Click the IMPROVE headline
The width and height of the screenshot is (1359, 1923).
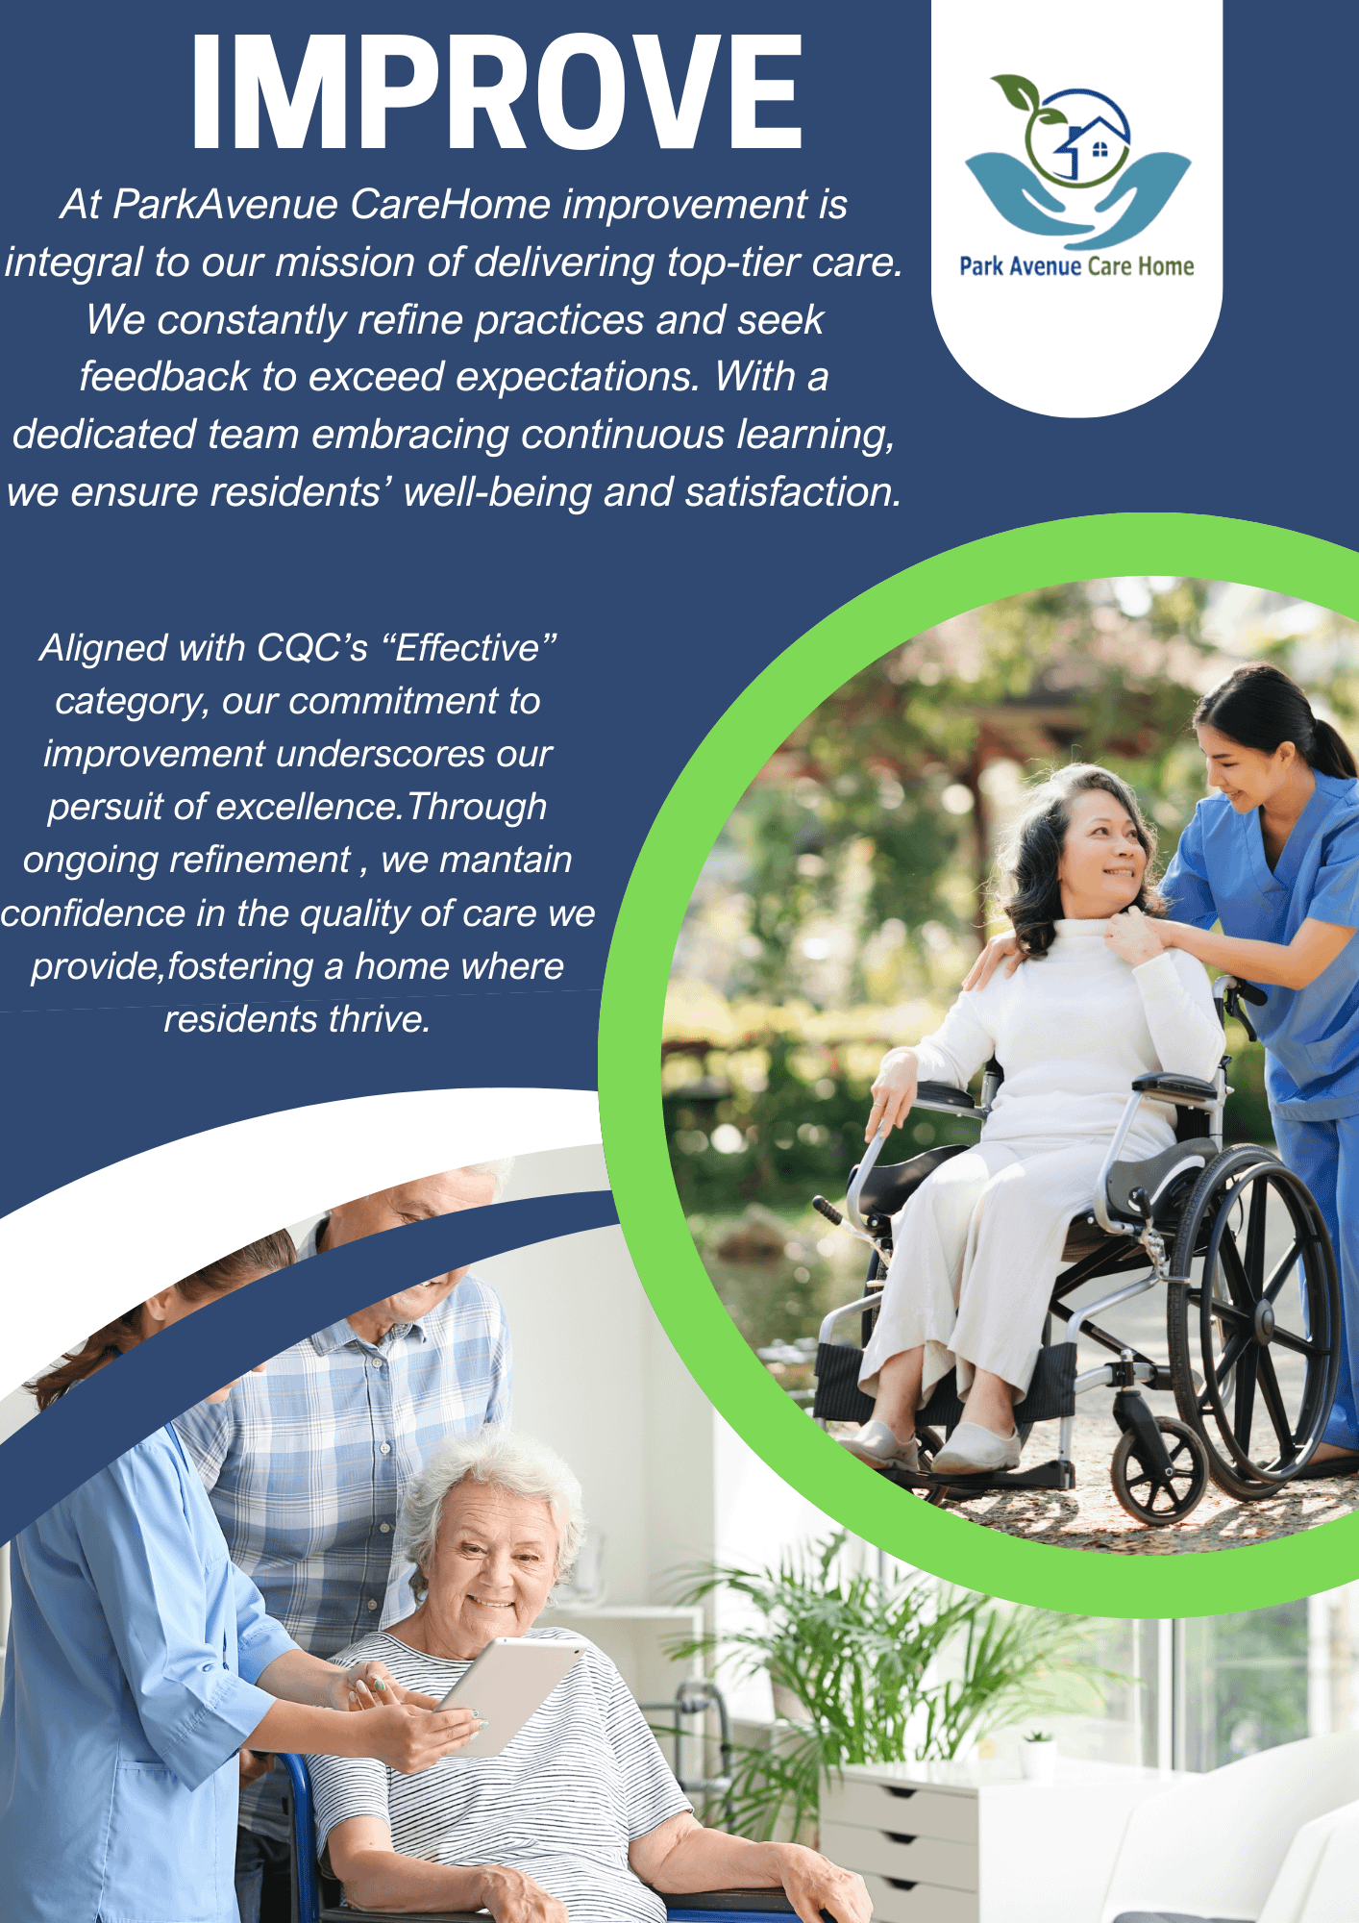[497, 91]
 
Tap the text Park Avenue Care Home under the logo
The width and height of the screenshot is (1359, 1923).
[1076, 266]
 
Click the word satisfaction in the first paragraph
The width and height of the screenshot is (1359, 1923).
[793, 491]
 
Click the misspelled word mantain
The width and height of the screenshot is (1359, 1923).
[506, 860]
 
